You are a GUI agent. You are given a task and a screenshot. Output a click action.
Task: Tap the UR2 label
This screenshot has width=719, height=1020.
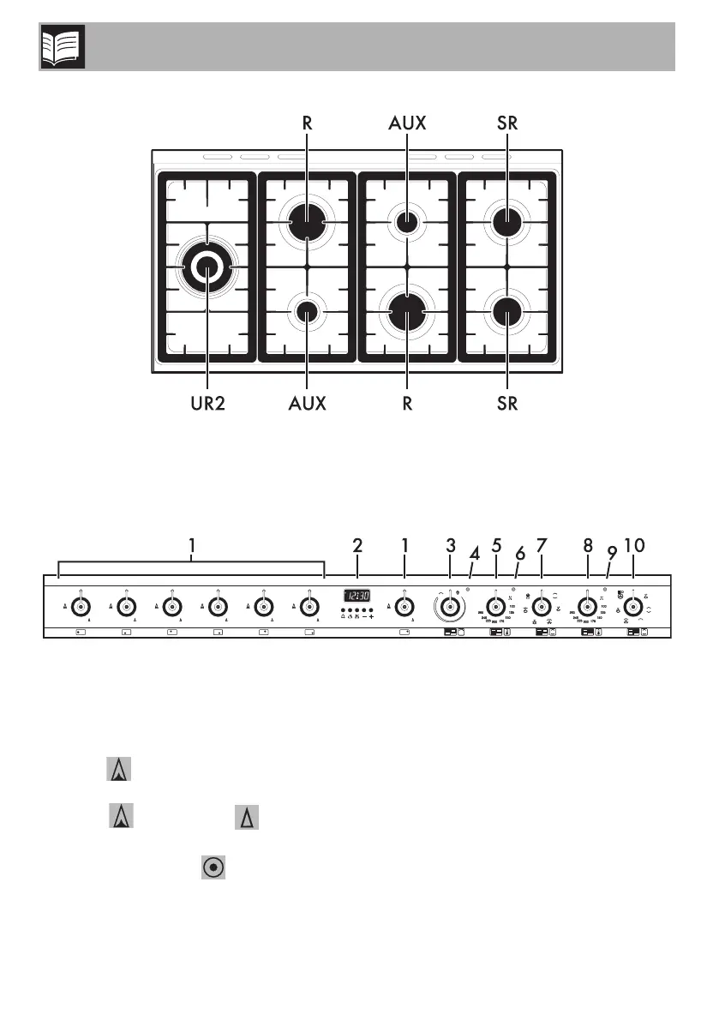pos(207,403)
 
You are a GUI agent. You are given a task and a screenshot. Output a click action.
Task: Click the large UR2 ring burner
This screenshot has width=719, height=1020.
pos(207,268)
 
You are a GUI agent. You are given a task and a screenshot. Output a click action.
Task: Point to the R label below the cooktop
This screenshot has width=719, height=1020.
pos(407,403)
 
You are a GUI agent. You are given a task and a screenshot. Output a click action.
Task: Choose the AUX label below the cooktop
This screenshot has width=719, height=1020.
pos(307,403)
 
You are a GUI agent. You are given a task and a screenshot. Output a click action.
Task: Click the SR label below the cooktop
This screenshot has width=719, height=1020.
pos(506,403)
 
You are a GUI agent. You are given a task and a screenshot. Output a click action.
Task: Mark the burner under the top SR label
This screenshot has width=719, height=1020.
pos(506,223)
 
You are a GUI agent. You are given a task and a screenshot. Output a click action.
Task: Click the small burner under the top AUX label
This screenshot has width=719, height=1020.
pos(407,222)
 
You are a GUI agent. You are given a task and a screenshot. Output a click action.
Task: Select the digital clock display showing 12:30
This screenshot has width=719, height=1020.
pos(358,595)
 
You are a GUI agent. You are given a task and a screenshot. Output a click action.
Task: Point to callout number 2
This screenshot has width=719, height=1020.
pos(358,545)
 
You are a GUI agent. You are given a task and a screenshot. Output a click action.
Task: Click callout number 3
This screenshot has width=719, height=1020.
pos(450,545)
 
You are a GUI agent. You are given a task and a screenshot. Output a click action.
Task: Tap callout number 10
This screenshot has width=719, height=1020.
pos(633,545)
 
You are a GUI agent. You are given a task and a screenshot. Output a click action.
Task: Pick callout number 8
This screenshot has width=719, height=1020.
pos(587,545)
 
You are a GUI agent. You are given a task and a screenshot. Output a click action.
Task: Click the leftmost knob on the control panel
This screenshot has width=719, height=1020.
pos(79,607)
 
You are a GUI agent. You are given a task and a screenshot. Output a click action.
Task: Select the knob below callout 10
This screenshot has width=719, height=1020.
pos(633,606)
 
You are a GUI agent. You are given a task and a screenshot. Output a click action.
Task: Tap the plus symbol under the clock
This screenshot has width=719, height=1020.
pos(371,616)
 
